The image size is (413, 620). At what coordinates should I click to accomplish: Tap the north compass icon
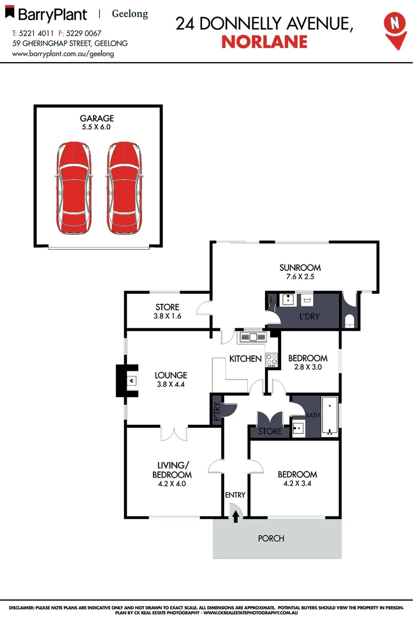(393, 26)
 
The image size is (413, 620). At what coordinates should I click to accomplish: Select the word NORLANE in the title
(264, 41)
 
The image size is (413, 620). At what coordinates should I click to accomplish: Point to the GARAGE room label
(97, 119)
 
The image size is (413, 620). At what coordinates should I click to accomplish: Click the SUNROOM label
(300, 268)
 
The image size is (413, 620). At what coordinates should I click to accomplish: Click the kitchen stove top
(271, 360)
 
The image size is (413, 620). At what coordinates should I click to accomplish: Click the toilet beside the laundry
(349, 320)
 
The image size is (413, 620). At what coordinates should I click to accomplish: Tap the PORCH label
(271, 538)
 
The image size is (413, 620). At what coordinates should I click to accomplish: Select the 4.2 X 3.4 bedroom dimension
(297, 484)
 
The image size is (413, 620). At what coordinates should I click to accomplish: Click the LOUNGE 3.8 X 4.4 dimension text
(170, 385)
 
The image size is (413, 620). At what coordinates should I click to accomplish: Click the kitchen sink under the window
(251, 337)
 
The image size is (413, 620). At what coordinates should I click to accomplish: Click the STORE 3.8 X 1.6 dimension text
(167, 316)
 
